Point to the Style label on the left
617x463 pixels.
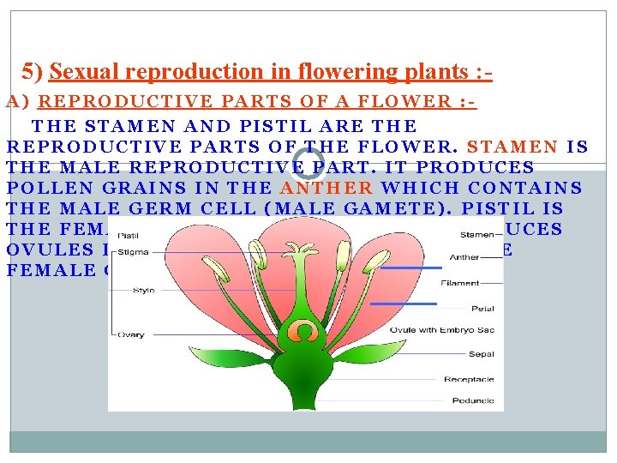pos(143,290)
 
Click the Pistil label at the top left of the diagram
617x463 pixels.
pos(129,233)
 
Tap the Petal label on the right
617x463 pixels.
pos(482,308)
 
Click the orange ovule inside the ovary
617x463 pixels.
pos(303,330)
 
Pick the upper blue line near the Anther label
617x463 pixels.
pos(410,268)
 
